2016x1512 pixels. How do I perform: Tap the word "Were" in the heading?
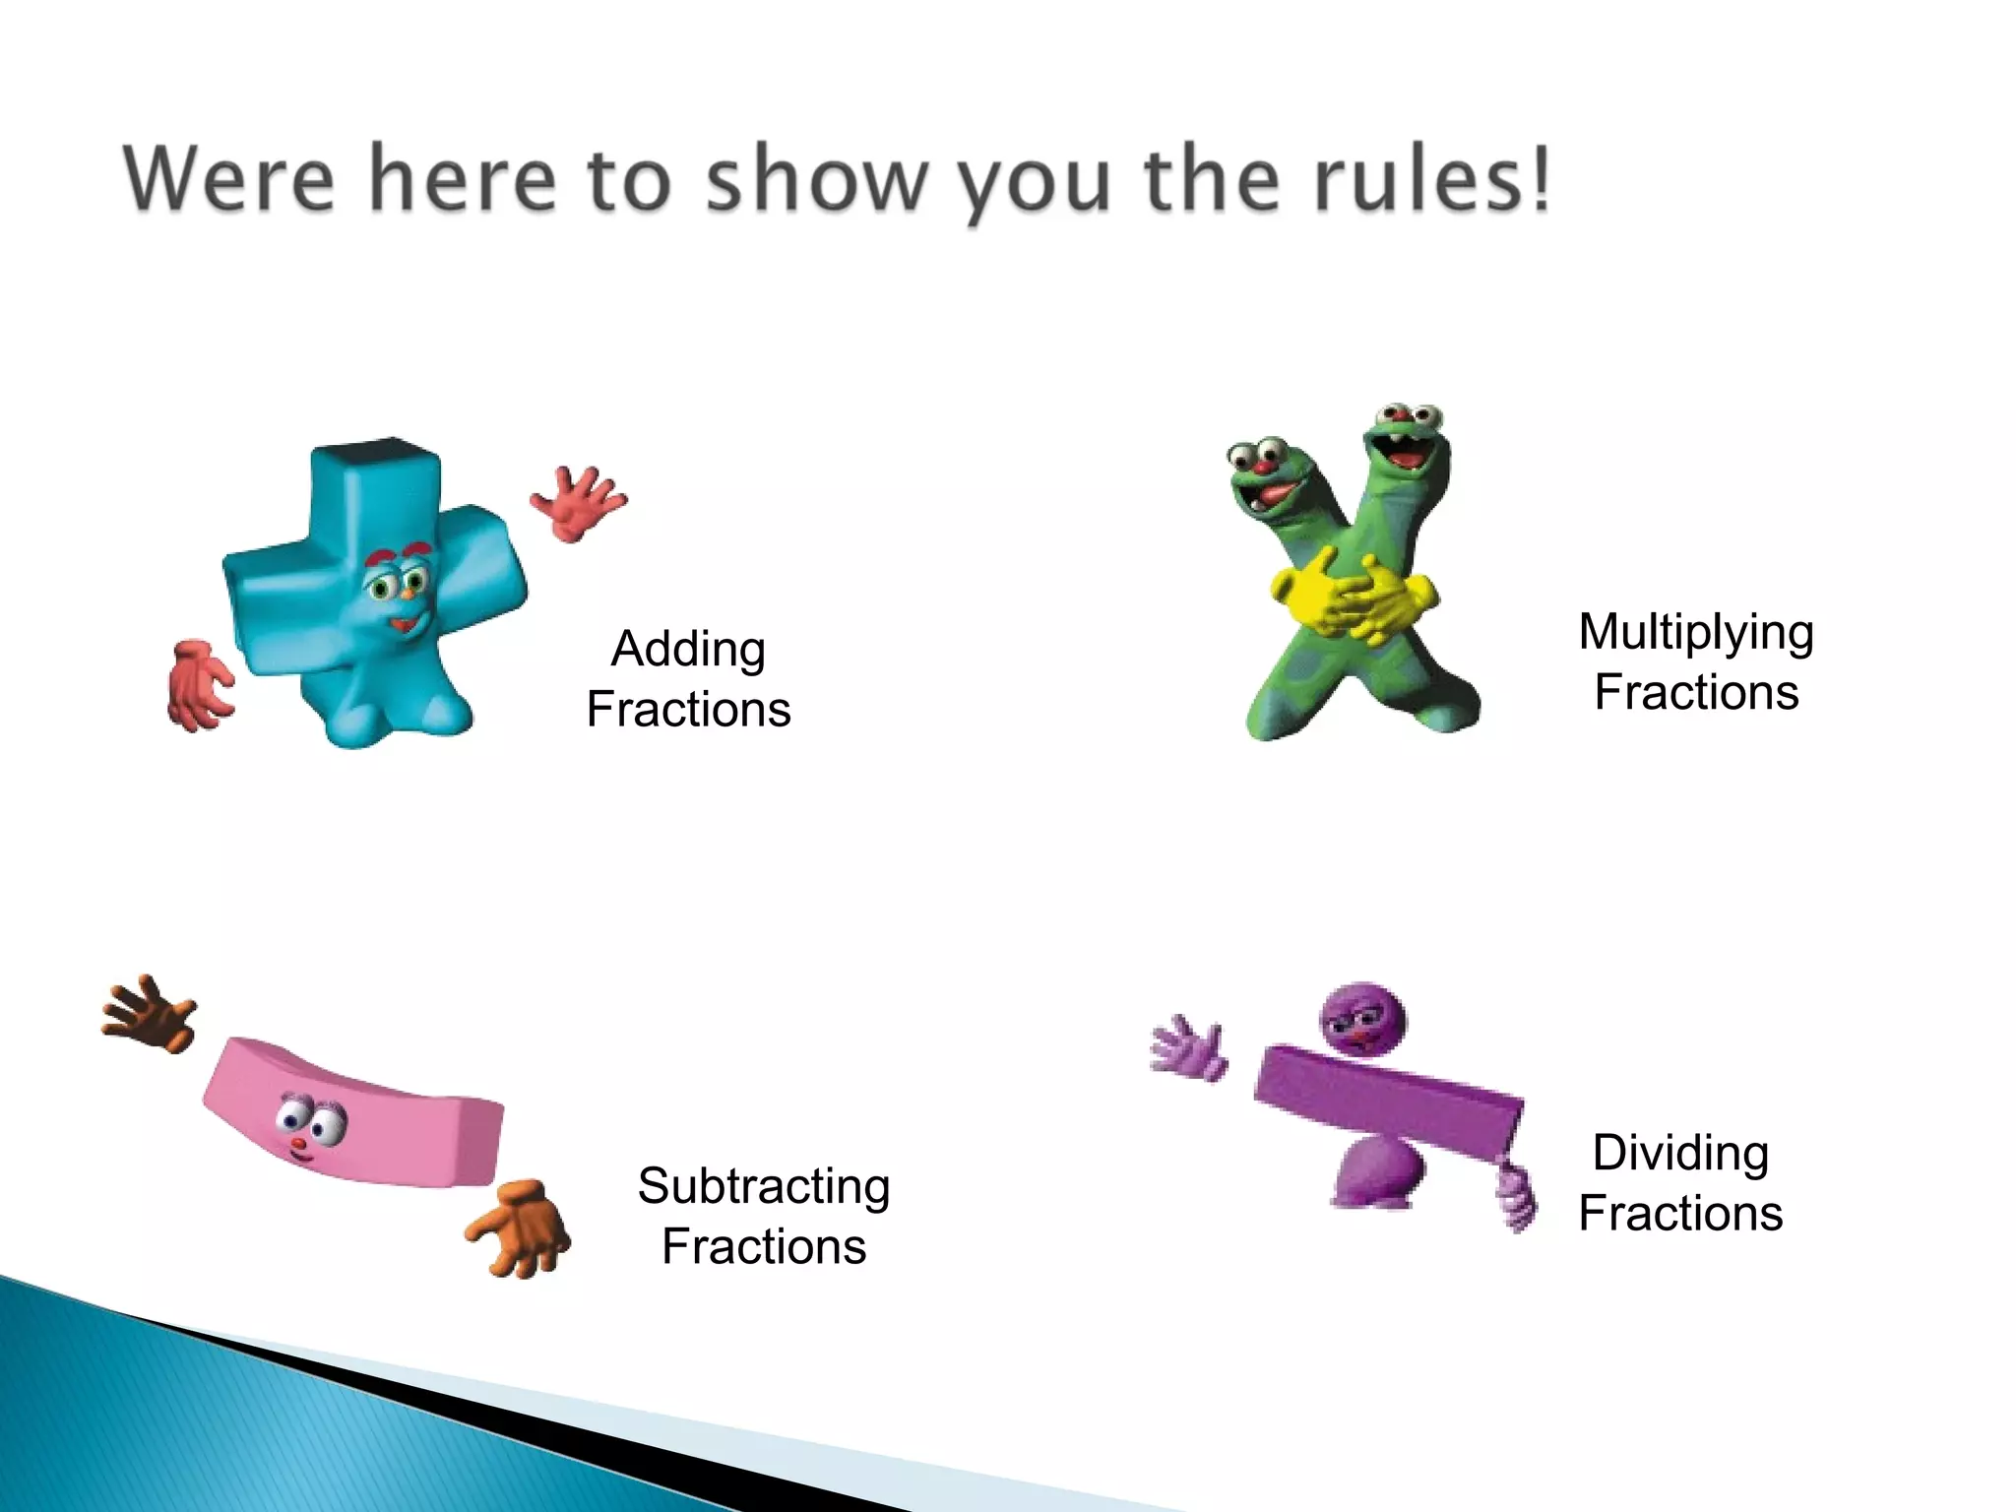coord(229,179)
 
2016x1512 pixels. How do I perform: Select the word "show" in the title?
coord(817,179)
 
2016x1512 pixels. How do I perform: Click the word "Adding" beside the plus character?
coord(688,650)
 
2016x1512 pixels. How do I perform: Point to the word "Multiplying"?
coord(1695,633)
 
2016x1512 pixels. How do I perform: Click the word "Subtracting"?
coord(763,1186)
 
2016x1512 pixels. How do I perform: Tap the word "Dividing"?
coord(1679,1153)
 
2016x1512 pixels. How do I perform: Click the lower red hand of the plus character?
coord(200,684)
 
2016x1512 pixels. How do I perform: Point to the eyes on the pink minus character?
coord(310,1119)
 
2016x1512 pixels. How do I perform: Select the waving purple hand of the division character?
coord(1188,1049)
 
